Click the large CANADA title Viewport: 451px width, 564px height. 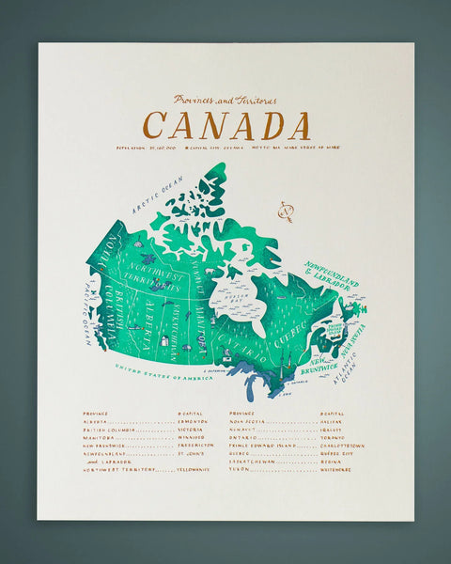tap(226, 126)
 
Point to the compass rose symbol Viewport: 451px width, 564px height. tap(285, 212)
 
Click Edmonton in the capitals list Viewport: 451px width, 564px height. tap(193, 421)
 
